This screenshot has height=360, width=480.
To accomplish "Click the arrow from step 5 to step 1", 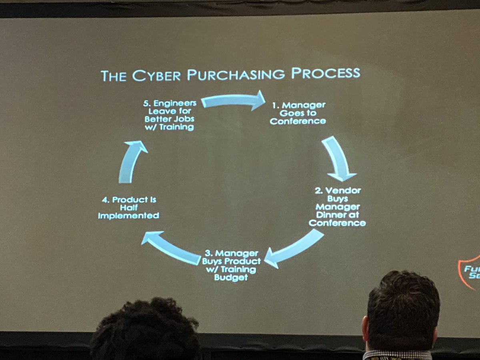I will pos(234,101).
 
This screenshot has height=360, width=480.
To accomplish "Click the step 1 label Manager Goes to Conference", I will pos(298,113).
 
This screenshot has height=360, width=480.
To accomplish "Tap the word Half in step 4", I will pos(128,208).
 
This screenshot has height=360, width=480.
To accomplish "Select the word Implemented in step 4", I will pos(128,216).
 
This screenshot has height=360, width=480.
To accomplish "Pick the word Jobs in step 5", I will pos(183,119).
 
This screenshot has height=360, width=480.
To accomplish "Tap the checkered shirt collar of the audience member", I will pos(398,355).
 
